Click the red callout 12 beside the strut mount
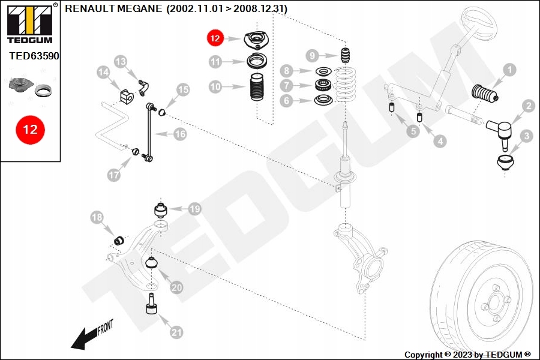coord(215,38)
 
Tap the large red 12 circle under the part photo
coord(31,130)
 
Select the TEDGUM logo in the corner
coord(31,23)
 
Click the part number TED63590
coord(34,56)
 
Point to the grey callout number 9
coord(313,55)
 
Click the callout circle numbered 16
coord(180,134)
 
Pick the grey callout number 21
coord(176,332)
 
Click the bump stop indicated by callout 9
coord(345,55)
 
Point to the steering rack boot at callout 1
coord(484,95)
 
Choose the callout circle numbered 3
coord(526,136)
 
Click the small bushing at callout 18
coord(119,240)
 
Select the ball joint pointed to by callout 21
coord(151,304)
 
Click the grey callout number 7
coord(287,85)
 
